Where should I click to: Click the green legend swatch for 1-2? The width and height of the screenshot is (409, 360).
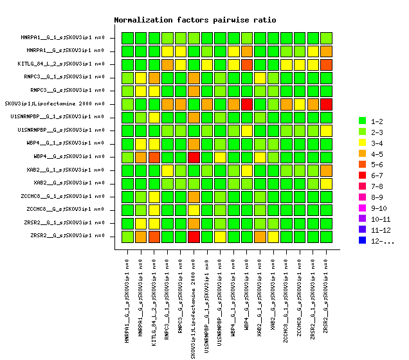(362, 121)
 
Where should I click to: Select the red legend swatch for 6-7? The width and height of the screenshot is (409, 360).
(362, 175)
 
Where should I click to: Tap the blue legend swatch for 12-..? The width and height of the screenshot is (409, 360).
(362, 241)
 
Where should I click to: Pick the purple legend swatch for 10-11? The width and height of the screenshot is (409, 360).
(362, 219)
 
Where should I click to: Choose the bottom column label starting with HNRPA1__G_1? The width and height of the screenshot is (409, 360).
(127, 298)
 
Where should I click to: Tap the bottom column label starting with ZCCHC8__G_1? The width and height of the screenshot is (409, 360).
(286, 298)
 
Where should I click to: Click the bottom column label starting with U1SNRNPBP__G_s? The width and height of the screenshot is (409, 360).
(220, 298)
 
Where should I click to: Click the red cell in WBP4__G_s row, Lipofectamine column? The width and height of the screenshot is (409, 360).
(194, 157)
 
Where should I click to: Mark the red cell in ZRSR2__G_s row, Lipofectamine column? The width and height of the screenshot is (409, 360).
(194, 236)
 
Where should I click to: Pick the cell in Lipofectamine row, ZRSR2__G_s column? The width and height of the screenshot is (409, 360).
(326, 104)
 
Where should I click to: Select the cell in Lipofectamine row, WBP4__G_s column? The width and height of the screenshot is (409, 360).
(246, 104)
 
